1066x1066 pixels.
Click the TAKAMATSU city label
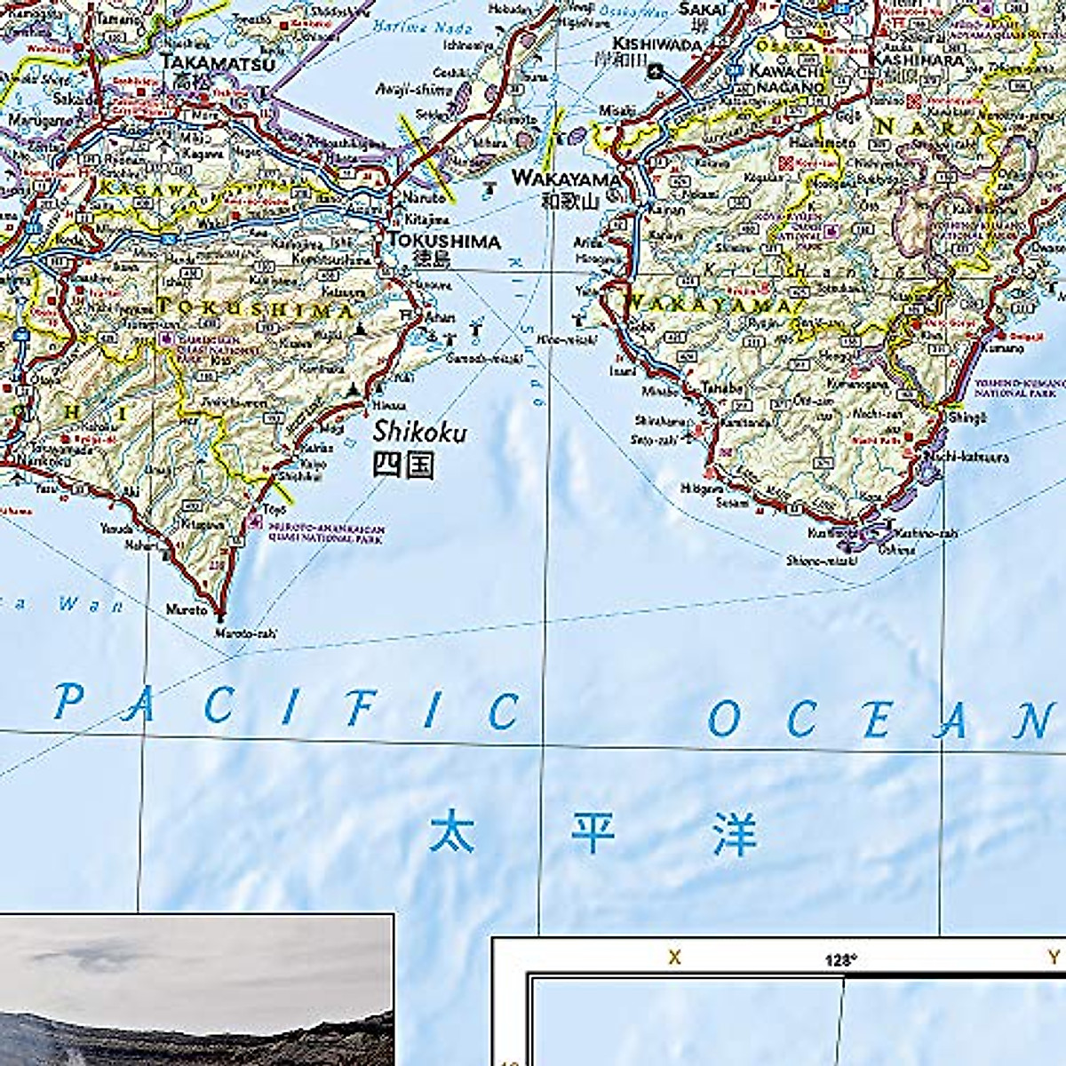(219, 63)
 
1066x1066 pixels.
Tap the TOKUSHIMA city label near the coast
(443, 241)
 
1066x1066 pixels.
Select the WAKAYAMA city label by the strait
(565, 179)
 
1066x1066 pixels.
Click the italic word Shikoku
(419, 432)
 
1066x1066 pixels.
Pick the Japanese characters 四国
(403, 465)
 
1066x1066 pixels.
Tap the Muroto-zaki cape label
(246, 633)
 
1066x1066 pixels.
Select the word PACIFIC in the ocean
(286, 708)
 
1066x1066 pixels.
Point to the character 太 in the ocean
(452, 832)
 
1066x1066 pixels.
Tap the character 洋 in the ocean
(734, 835)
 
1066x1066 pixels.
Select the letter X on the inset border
(675, 957)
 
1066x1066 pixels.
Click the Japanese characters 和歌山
(570, 201)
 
